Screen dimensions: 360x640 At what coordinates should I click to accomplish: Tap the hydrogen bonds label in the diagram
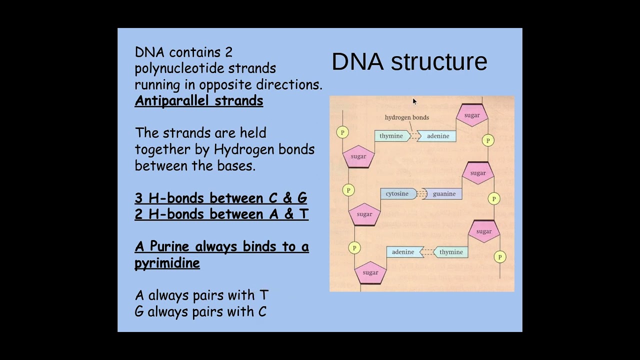tap(406, 117)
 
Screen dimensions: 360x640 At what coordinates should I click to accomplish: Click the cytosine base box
tap(397, 194)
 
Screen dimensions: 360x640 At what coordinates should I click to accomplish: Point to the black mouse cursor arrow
tap(414, 101)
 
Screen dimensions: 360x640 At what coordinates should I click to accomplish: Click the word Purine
tap(169, 246)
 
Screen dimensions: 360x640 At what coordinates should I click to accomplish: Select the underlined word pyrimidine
tap(167, 263)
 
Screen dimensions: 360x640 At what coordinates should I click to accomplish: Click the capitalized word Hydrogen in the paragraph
tap(237, 149)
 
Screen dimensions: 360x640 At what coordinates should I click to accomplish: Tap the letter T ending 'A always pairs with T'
tap(263, 295)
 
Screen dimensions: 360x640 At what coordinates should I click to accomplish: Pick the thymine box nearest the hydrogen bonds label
tap(391, 136)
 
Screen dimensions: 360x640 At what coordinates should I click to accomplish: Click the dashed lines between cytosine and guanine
tap(421, 194)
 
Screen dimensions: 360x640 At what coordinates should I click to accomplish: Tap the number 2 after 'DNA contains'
tap(228, 52)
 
